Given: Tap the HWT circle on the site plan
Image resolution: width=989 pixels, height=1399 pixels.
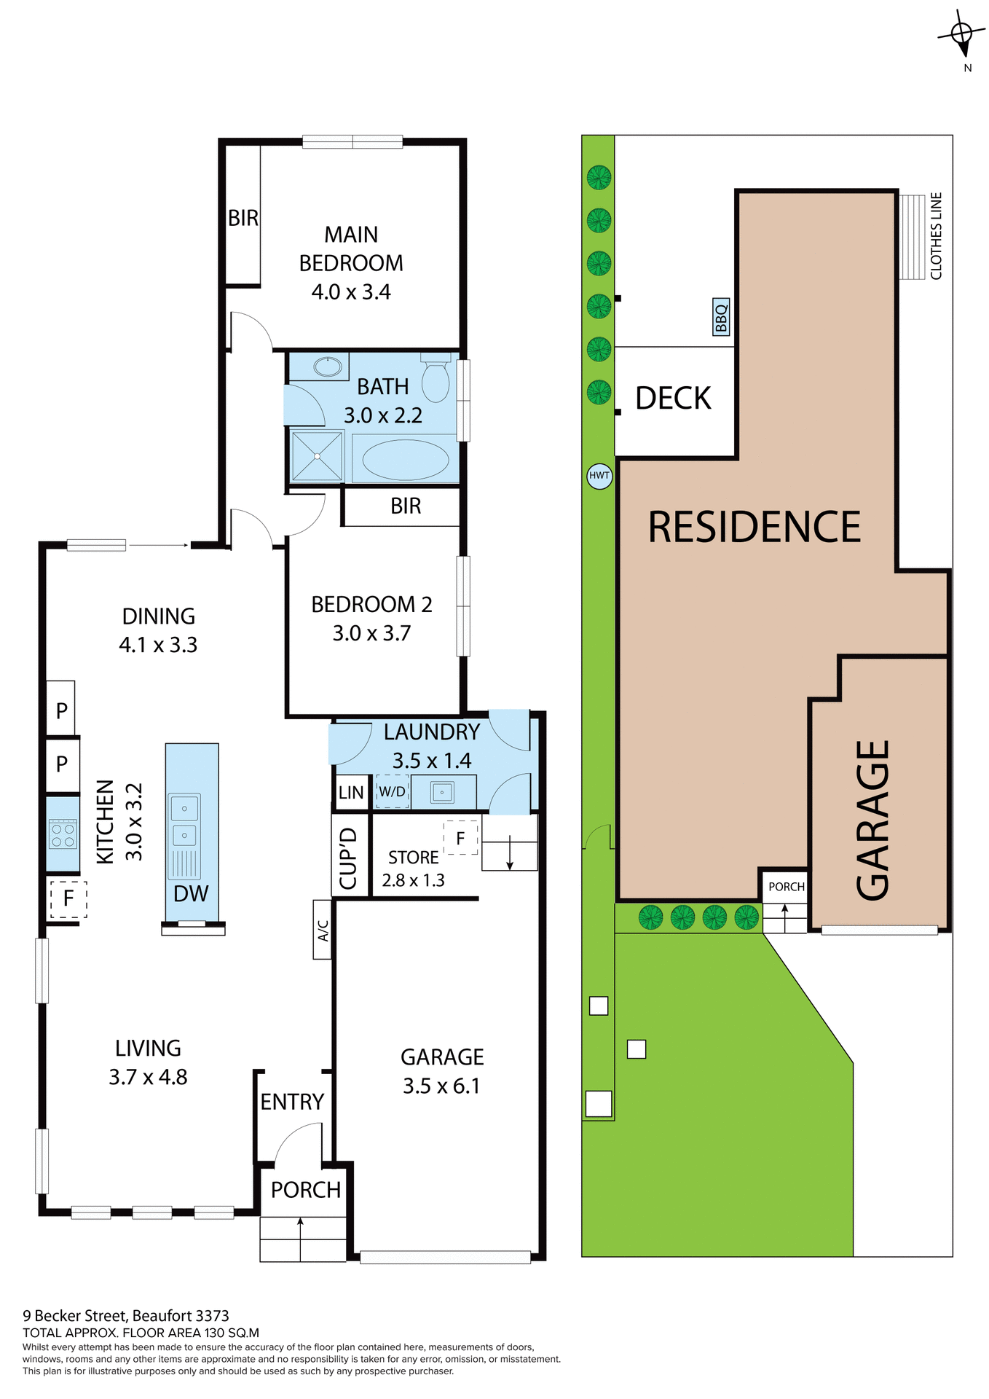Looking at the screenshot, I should click(599, 476).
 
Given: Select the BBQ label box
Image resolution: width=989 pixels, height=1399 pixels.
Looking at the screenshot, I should click(721, 317).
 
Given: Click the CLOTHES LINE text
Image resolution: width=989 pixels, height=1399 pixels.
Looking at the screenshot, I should click(936, 236).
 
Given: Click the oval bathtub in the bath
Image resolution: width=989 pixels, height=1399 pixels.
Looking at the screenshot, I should click(405, 460).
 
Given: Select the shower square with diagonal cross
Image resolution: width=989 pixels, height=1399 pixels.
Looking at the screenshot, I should click(317, 457).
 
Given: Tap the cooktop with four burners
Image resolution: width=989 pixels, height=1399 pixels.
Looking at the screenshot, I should click(63, 834).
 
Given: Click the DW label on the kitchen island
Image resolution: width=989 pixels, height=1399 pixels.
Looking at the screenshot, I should click(191, 894).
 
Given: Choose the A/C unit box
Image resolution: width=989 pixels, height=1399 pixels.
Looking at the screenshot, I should click(323, 930).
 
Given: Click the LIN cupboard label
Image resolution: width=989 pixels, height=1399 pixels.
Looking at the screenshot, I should click(350, 793).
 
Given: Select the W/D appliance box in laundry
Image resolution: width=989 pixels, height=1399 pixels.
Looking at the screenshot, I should click(393, 792).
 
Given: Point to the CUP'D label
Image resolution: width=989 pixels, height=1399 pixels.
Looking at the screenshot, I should click(349, 858).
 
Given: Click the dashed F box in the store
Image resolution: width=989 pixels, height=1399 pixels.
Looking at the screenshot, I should click(460, 838).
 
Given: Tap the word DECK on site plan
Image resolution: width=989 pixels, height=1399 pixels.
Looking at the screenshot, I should click(673, 399).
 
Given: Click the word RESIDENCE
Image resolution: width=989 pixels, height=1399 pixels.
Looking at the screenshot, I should click(754, 527).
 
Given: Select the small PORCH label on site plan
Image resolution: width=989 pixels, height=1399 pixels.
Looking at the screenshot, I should click(786, 887).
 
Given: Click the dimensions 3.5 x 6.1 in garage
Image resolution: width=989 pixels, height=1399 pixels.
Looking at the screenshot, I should click(441, 1086).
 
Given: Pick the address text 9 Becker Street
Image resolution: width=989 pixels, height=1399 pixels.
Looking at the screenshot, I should click(125, 1316).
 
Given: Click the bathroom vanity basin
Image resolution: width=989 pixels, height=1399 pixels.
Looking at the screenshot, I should click(328, 367).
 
